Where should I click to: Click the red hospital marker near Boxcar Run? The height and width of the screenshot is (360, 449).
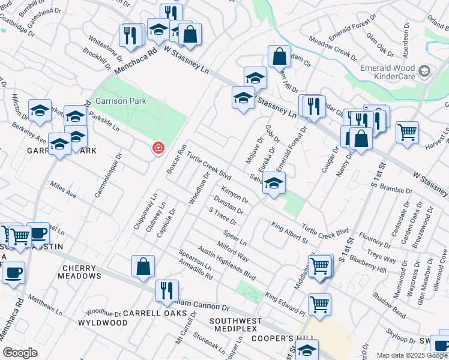158,148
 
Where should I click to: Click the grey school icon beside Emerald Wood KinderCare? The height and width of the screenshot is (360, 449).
424,72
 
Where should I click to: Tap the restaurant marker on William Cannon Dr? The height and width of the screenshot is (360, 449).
167,290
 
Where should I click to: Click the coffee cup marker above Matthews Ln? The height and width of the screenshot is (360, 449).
13,273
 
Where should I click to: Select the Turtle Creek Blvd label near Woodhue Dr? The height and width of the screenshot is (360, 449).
208,166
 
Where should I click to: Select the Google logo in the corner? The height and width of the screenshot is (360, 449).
20,353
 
